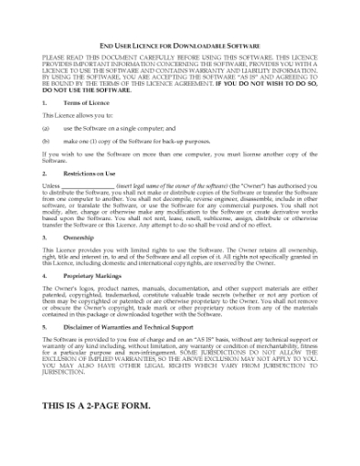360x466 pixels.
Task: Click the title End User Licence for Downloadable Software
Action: tap(179, 45)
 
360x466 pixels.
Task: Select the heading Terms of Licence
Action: tap(85, 104)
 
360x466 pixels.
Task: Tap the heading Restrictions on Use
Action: tap(90, 172)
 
